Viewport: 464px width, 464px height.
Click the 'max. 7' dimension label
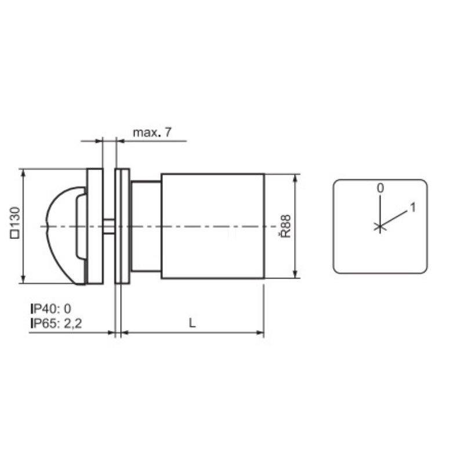[152, 132]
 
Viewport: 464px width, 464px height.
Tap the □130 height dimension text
[15, 223]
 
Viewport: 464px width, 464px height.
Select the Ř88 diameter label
[285, 226]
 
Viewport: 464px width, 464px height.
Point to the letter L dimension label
[193, 323]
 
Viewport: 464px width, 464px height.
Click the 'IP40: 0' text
[51, 309]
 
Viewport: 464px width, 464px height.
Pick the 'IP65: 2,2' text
[56, 323]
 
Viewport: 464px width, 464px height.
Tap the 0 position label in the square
[380, 188]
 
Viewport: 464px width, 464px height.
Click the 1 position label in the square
[413, 208]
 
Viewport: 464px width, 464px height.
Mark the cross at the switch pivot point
[380, 227]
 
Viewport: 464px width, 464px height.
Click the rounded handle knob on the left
[66, 235]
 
